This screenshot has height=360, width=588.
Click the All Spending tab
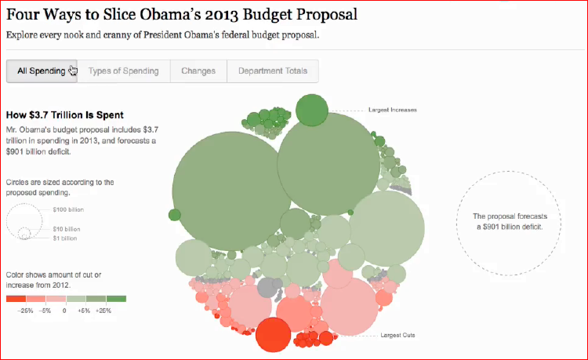coord(42,71)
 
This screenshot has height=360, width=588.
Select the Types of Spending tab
coord(124,71)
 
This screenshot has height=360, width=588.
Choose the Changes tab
coord(198,71)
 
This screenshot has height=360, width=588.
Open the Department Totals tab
coord(274,71)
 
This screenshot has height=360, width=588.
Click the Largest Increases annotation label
coord(393,110)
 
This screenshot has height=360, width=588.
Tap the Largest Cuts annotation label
coord(397,336)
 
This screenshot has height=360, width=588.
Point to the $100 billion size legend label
coord(67,209)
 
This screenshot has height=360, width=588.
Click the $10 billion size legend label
coord(67,229)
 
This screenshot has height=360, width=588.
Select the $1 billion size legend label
coord(65,237)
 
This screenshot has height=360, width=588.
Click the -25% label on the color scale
coord(26,311)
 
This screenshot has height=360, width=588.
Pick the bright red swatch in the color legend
coord(16,299)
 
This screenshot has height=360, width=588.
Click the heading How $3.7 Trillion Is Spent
coord(64,115)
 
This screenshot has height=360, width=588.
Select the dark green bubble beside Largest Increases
coord(312,108)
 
